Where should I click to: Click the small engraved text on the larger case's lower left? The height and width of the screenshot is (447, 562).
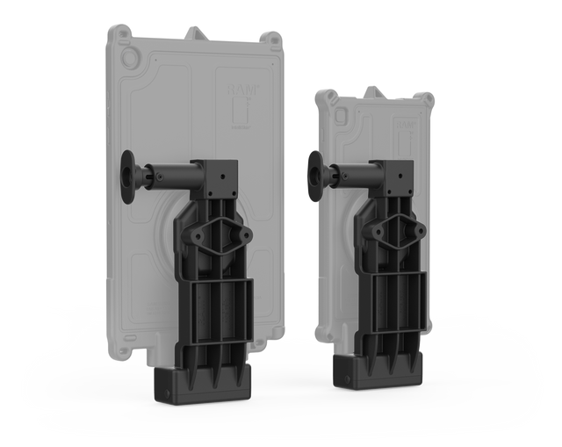157,310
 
